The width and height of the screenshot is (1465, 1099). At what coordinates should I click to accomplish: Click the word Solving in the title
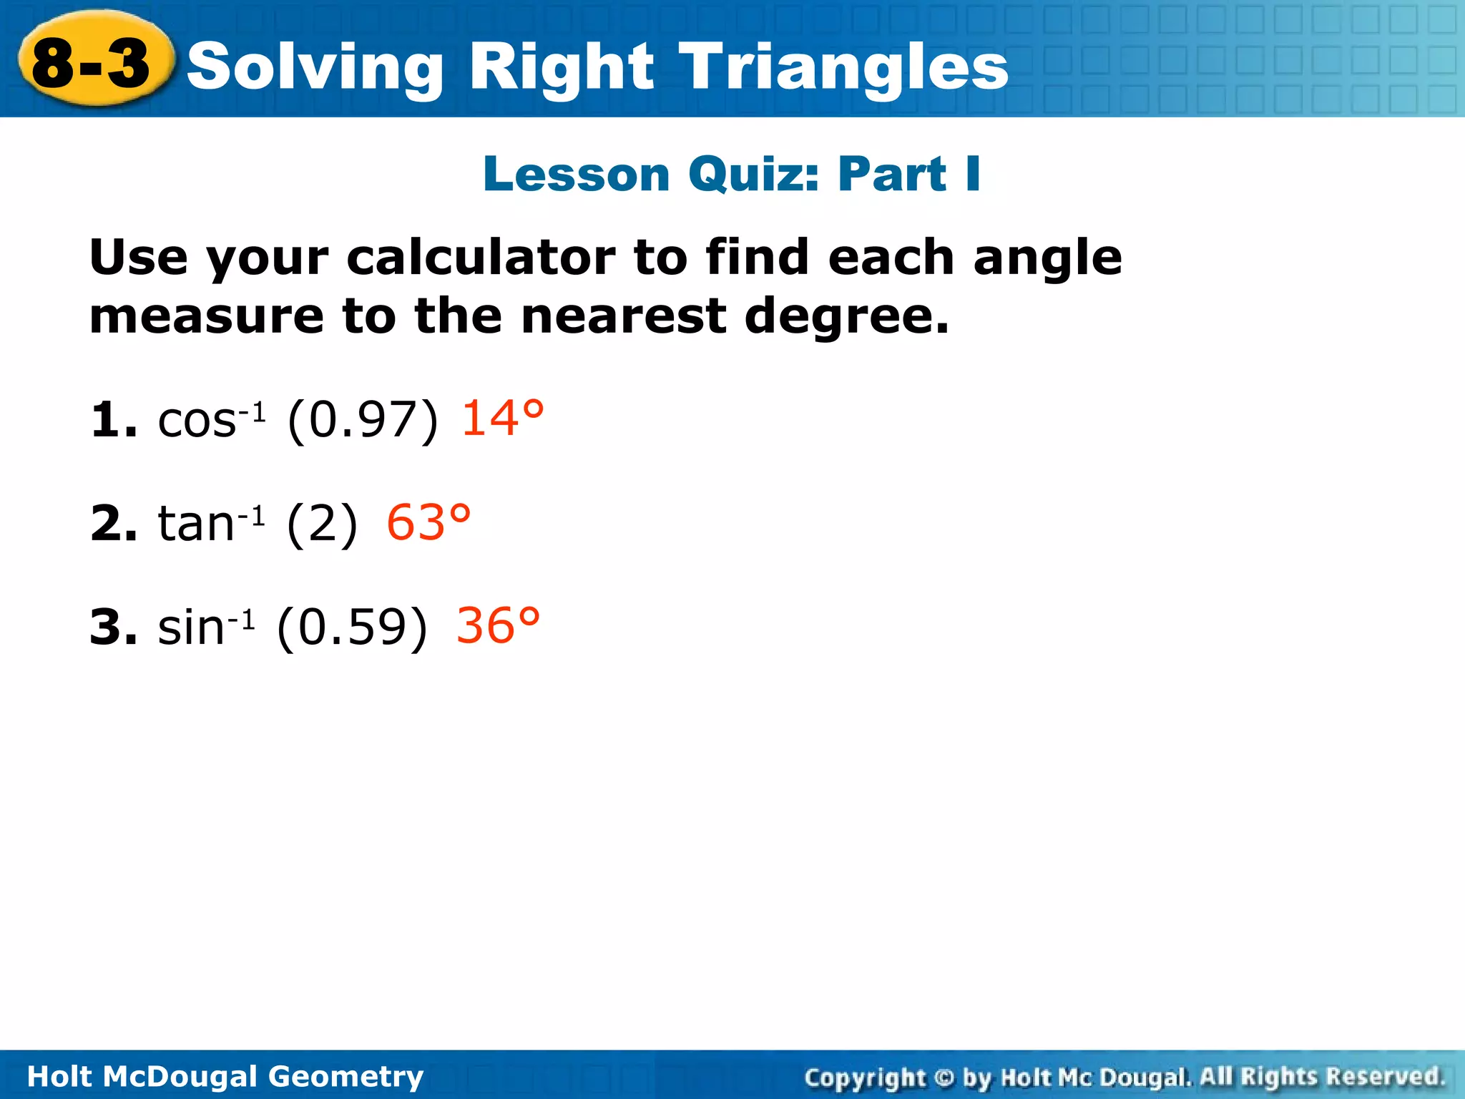pos(315,68)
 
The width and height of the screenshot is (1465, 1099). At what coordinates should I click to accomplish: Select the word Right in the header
pos(561,68)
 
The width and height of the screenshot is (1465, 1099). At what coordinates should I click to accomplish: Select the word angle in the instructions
pos(1047,258)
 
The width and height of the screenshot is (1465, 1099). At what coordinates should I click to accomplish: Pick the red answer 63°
pos(428,522)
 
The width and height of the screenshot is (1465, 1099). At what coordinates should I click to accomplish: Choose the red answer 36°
pos(498,626)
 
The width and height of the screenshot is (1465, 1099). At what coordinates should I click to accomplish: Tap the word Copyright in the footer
pos(865,1077)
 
